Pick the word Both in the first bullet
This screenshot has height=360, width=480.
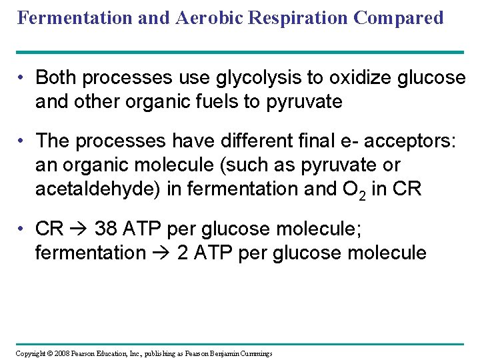click(56, 78)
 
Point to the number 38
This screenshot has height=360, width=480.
click(108, 229)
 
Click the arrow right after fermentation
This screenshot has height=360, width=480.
click(161, 253)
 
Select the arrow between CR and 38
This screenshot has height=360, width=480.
click(79, 229)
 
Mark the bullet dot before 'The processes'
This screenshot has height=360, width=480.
click(22, 141)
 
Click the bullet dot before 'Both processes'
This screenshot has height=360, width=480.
click(22, 78)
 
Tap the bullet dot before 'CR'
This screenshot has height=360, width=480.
click(22, 229)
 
